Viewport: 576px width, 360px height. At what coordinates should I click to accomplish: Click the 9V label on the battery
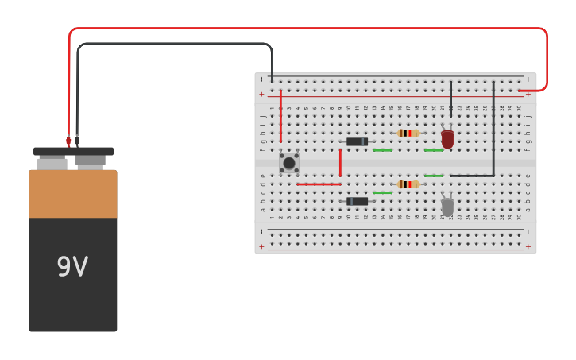tap(72, 267)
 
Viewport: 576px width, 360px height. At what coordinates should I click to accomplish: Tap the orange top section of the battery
tap(72, 194)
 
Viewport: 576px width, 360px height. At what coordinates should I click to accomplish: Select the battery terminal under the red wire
tap(52, 163)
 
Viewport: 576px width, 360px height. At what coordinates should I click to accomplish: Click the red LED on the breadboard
tap(447, 139)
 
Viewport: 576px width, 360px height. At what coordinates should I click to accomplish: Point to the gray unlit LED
tap(447, 207)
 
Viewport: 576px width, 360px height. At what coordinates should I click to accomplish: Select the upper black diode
tap(357, 141)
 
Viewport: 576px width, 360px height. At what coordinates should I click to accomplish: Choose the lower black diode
tap(357, 201)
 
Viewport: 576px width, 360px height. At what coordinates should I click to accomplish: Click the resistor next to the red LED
tap(408, 133)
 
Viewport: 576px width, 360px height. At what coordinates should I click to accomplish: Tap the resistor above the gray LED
tap(408, 184)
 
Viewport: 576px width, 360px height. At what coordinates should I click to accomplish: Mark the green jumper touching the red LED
tap(434, 150)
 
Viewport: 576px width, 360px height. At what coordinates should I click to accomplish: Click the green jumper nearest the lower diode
tap(382, 192)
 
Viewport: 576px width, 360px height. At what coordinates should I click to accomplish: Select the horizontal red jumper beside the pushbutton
tap(318, 184)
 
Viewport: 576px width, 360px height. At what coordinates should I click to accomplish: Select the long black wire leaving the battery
tap(175, 45)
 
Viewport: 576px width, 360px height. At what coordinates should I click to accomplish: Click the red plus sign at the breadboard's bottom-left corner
tap(261, 247)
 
